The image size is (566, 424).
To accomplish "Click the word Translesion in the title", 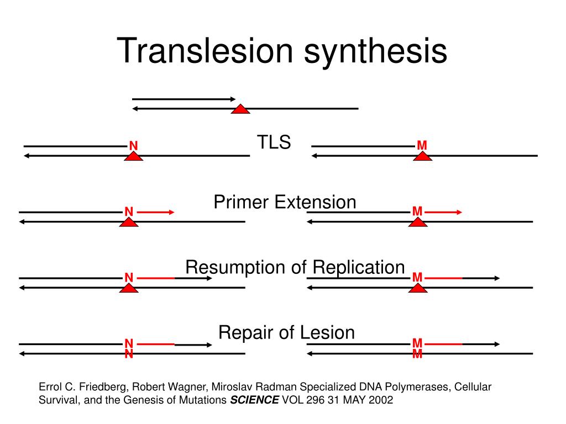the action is tap(205, 51).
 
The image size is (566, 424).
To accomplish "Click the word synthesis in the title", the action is tap(375, 53).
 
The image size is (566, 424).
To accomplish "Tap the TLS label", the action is tap(274, 142).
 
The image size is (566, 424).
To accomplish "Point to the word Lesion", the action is tap(327, 332).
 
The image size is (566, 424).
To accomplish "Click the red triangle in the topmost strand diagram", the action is tap(240, 109).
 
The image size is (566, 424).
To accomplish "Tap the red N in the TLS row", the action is tap(134, 146).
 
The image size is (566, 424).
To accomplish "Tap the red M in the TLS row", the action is tap(422, 145).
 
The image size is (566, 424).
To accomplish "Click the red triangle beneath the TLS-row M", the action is tap(423, 156).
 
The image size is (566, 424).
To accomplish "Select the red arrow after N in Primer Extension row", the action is tap(155, 212).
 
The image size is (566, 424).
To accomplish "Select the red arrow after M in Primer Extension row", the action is tap(444, 212).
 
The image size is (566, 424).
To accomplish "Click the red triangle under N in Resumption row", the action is tap(129, 288).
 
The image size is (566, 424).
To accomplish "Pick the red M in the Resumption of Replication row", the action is tap(417, 277).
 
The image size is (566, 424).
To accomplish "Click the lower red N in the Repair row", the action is tap(129, 354).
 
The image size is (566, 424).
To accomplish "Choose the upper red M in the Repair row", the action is tap(417, 342).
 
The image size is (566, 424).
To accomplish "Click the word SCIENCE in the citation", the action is tap(254, 400).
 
